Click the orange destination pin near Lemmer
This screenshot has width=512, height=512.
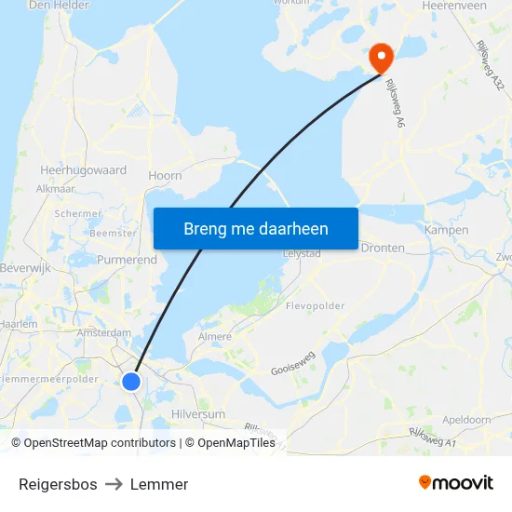pyautogui.click(x=381, y=58)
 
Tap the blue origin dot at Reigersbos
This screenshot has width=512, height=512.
pyautogui.click(x=131, y=382)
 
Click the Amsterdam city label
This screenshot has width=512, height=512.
pyautogui.click(x=104, y=332)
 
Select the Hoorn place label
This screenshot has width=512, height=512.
pyautogui.click(x=165, y=175)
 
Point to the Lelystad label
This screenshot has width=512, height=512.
pyautogui.click(x=302, y=253)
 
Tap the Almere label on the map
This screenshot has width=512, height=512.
pyautogui.click(x=215, y=336)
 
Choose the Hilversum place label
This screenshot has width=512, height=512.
pyautogui.click(x=198, y=414)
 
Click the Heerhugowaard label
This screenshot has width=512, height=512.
pyautogui.click(x=84, y=171)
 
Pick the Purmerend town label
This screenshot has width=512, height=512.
pyautogui.click(x=127, y=260)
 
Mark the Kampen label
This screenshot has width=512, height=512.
pyautogui.click(x=446, y=230)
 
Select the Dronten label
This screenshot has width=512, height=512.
pyautogui.click(x=383, y=248)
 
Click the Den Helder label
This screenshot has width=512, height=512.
pyautogui.click(x=59, y=6)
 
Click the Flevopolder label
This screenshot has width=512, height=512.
pyautogui.click(x=316, y=305)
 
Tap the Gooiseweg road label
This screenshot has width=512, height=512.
pyautogui.click(x=293, y=351)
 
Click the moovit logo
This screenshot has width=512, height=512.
pyautogui.click(x=456, y=483)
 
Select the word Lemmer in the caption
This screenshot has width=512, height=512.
pyautogui.click(x=159, y=484)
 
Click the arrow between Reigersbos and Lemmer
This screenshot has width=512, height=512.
pyautogui.click(x=114, y=484)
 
